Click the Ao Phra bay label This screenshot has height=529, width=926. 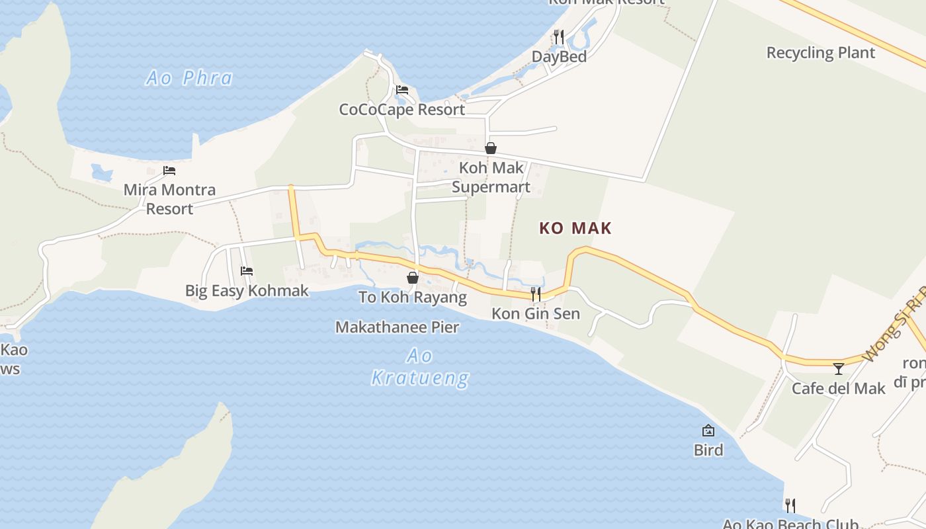pos(189,78)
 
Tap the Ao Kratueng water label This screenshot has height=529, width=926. pos(420,367)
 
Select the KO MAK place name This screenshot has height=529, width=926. pos(575,228)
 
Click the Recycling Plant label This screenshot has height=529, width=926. pos(820,53)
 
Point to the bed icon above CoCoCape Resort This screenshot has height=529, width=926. pos(401,90)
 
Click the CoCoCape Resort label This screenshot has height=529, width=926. pos(401,109)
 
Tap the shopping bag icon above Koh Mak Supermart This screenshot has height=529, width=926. pos(491,148)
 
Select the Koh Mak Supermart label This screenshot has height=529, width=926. pos(491,177)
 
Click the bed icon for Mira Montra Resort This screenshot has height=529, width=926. pos(169,171)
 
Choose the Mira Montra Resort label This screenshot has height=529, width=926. pos(169,199)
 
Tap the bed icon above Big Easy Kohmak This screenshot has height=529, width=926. pos(247,270)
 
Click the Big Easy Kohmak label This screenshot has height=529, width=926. pos(247,290)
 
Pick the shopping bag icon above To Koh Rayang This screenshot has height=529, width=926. pos(413,278)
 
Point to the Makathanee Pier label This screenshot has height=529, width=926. pos(397,327)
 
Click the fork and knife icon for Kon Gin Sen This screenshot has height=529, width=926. pos(536,294)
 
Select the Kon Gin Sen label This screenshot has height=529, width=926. pos(535,313)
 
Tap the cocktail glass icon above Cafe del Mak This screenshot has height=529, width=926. pos(839,368)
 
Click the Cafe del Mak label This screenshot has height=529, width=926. pos(838,388)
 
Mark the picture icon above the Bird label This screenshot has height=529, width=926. pos(708,430)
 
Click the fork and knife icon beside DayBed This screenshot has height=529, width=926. pos(559,37)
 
